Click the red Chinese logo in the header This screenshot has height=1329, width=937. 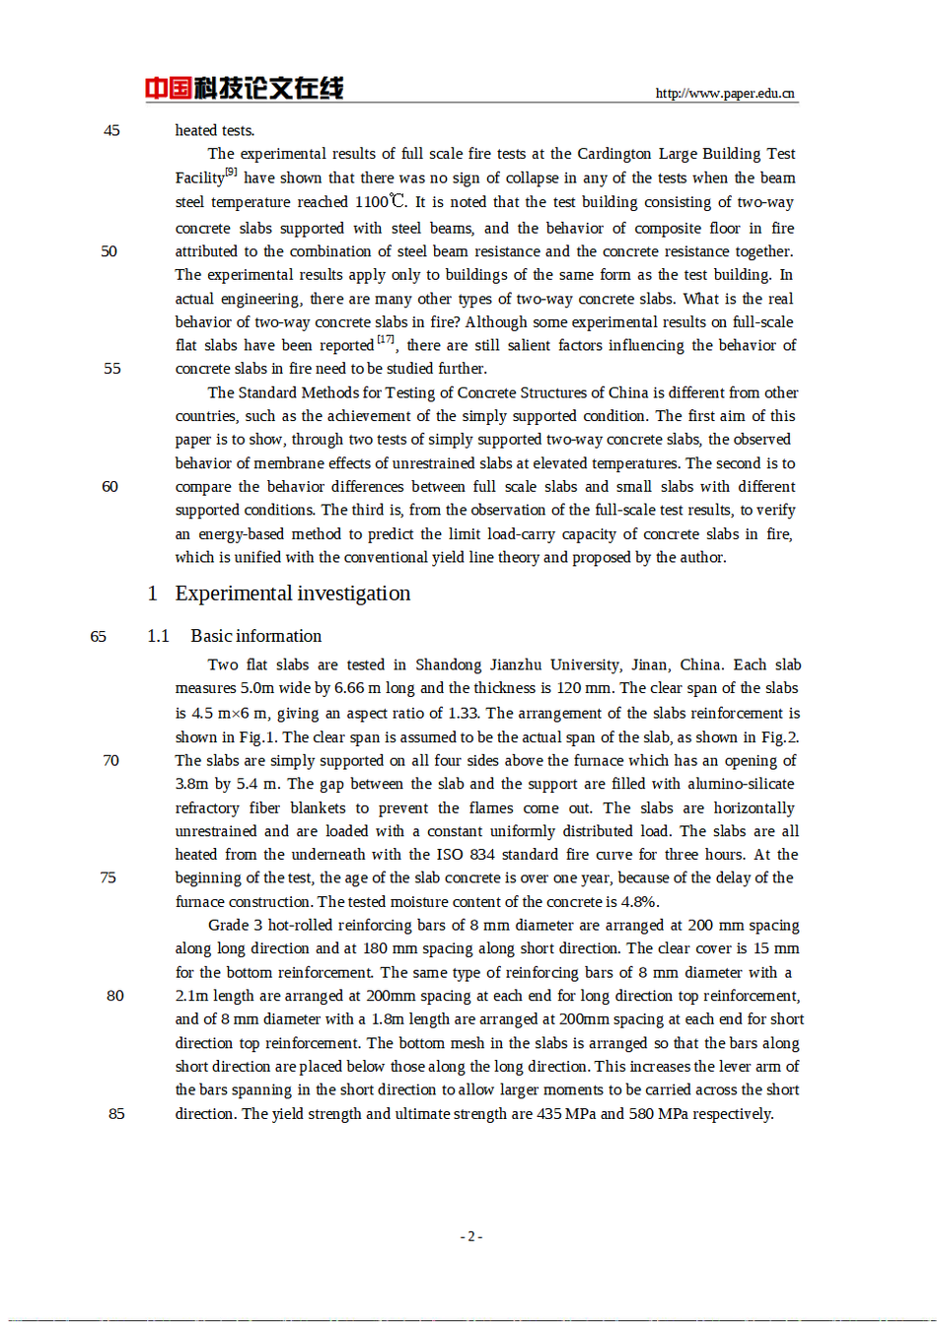(244, 89)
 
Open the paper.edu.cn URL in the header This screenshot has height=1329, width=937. (725, 94)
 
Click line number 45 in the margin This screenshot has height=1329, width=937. (111, 130)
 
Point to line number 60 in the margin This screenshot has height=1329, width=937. (109, 486)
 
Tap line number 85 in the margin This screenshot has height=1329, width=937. (116, 1113)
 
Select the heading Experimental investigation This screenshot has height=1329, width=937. (292, 594)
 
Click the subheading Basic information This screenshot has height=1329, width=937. (255, 636)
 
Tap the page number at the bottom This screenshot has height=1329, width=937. (470, 1236)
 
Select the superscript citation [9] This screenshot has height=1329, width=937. (231, 173)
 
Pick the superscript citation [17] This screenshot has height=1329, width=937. (386, 340)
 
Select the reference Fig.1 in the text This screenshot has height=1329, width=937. (257, 736)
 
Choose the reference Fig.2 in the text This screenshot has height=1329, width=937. (780, 736)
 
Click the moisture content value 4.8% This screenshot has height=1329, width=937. (639, 901)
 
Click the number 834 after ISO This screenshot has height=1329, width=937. (481, 854)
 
